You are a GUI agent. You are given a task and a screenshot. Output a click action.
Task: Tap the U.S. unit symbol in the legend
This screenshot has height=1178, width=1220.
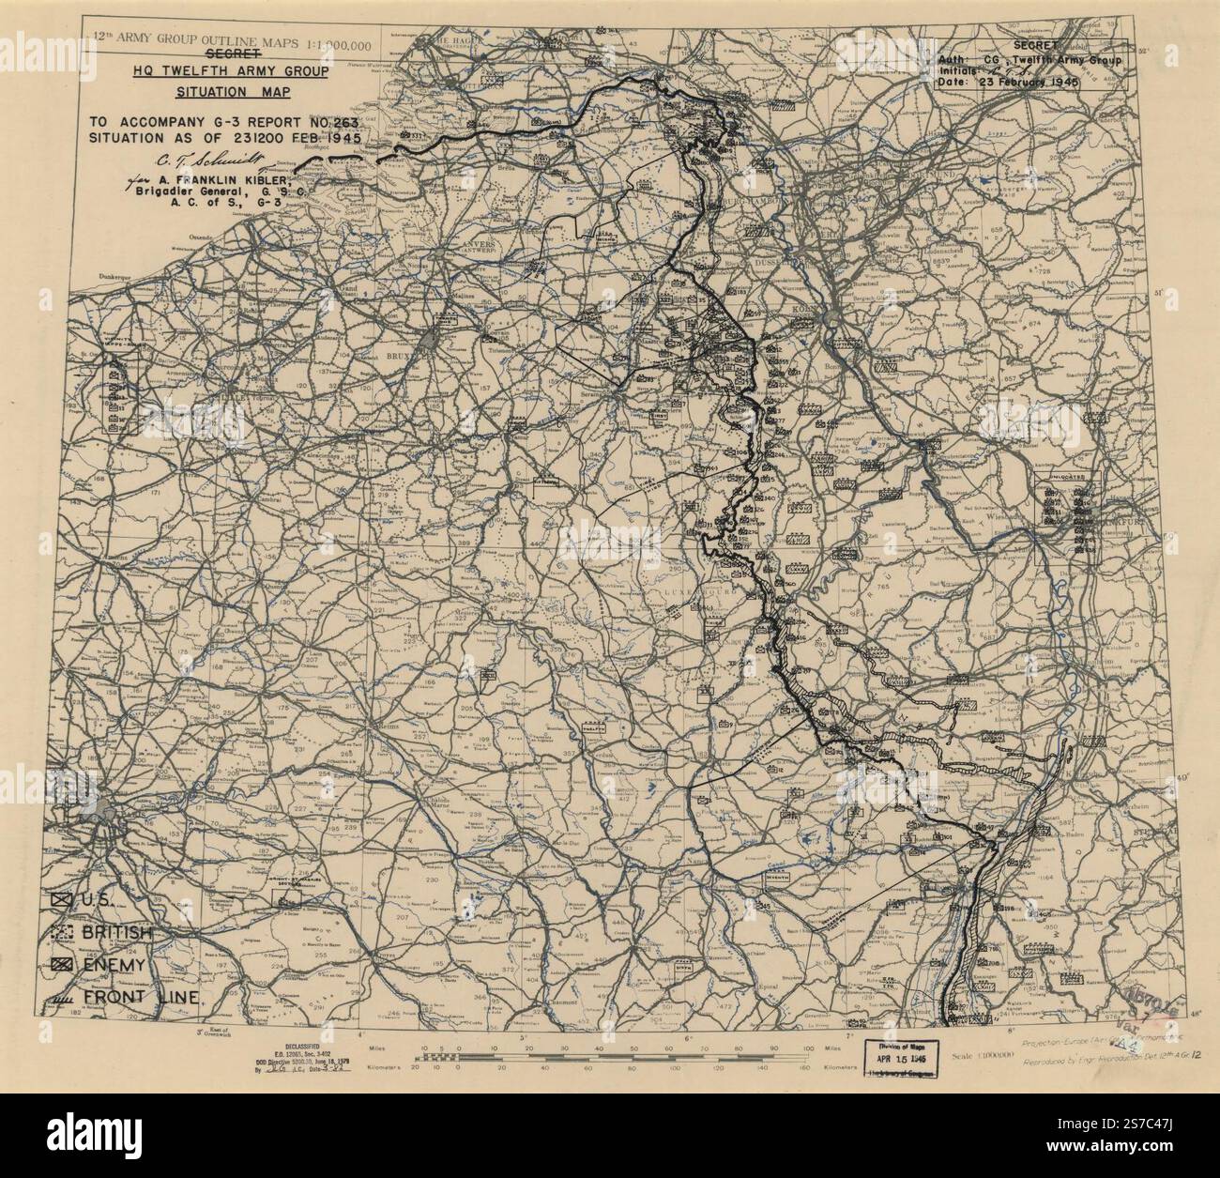pyautogui.click(x=63, y=900)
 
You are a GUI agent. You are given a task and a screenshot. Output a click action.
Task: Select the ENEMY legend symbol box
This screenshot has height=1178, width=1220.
pyautogui.click(x=63, y=965)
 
